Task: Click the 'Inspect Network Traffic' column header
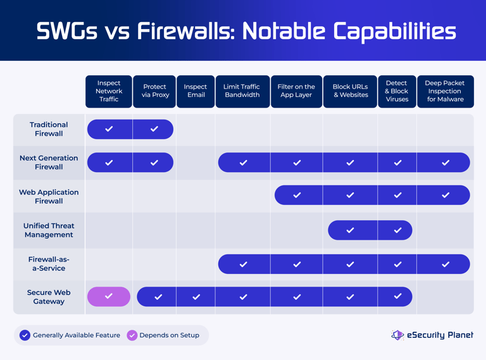pos(109,91)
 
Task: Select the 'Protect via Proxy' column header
pos(154,91)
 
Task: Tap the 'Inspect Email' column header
pos(196,91)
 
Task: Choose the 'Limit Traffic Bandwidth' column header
pos(242,91)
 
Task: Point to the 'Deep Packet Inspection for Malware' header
pos(445,91)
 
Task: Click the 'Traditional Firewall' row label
pos(49,129)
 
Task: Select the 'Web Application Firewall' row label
pos(49,197)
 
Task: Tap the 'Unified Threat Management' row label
pos(49,230)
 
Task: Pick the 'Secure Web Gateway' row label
pos(49,297)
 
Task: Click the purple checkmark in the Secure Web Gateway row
pos(109,296)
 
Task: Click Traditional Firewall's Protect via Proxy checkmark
pos(154,129)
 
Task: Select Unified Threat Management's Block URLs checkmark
pos(350,230)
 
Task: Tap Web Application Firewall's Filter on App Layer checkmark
pos(297,196)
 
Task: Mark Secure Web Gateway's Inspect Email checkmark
pos(196,297)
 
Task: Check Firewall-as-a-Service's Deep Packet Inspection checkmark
pos(445,264)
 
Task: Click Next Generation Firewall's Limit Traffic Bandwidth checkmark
pos(243,163)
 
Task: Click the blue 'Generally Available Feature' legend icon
pos(25,335)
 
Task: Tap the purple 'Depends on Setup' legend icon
pos(132,335)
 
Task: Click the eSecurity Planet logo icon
pos(397,335)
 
